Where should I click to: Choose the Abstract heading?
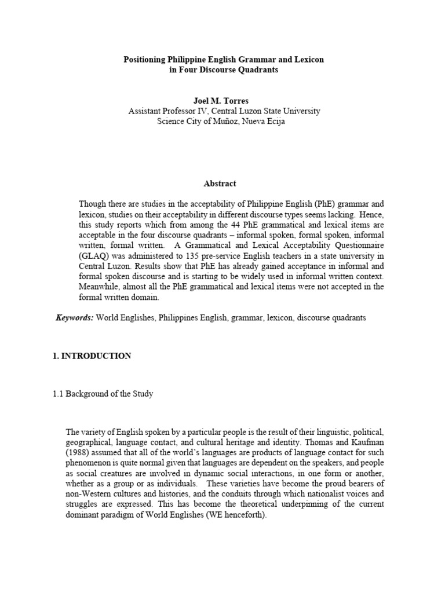point(220,183)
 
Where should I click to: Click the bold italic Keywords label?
point(74,318)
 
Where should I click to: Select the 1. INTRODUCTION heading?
point(92,356)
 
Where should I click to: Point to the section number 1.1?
point(58,394)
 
